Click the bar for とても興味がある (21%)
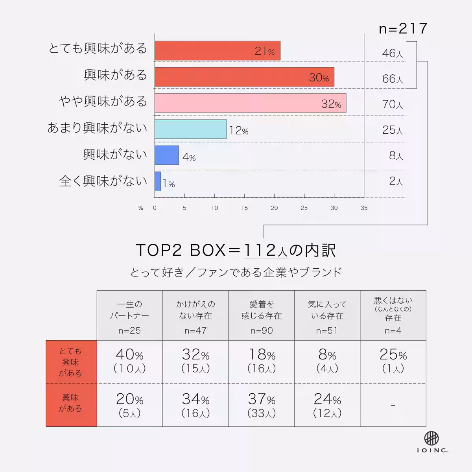coord(217,51)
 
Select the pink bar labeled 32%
coord(250,103)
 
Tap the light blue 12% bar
coord(190,129)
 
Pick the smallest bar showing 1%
coord(158,181)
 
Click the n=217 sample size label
coord(403,29)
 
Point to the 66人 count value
coord(392,79)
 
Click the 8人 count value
coord(396,156)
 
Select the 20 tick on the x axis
coord(274,208)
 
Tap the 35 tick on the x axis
coord(364,208)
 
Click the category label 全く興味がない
coord(103,181)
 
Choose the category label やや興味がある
coord(103,101)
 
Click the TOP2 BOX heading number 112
coord(260,250)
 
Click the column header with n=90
coord(262,315)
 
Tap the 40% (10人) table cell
coord(129,361)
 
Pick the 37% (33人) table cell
coord(262,405)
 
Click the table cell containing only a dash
coord(393,405)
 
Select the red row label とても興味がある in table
coord(71,361)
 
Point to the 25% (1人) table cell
coord(393,361)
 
